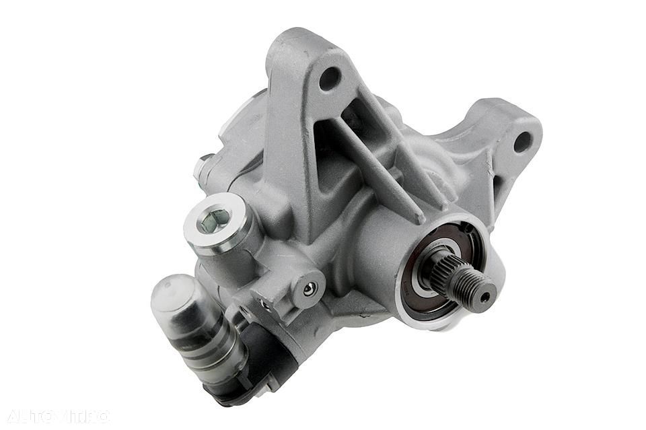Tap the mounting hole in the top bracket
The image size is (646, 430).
[x=329, y=78]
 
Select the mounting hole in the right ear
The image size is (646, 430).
[x=522, y=142]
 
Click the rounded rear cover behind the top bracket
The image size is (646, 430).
[x=242, y=121]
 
